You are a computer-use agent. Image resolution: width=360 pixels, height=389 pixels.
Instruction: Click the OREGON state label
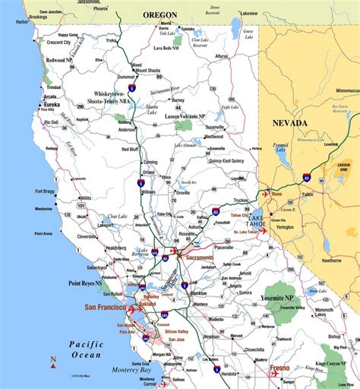160,14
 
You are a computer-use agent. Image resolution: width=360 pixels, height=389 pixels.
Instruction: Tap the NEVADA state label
291,122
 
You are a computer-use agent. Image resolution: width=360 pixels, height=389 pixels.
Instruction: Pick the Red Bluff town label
115,151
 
